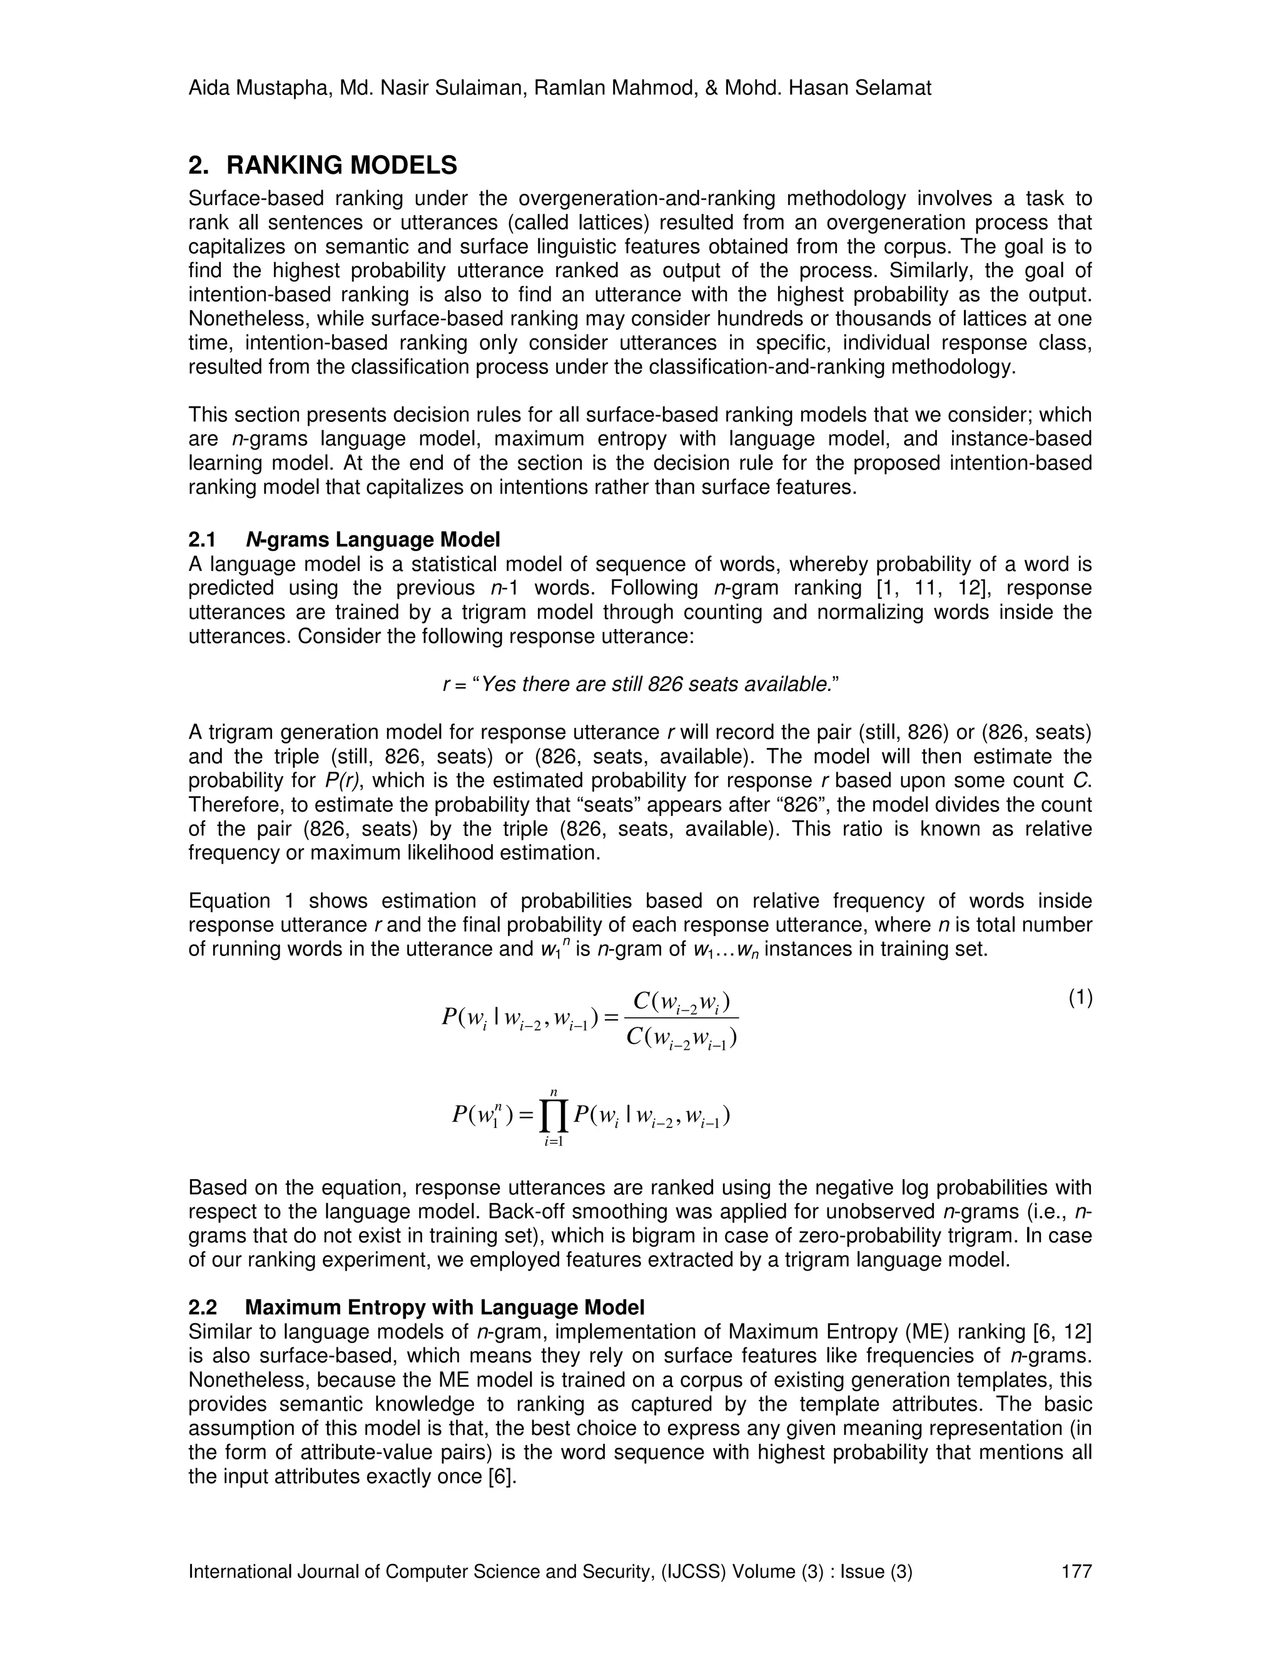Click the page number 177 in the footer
click(1076, 1571)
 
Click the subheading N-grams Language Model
click(373, 540)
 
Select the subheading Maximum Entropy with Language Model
click(445, 1307)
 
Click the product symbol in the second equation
click(554, 1116)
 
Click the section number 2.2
click(203, 1307)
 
